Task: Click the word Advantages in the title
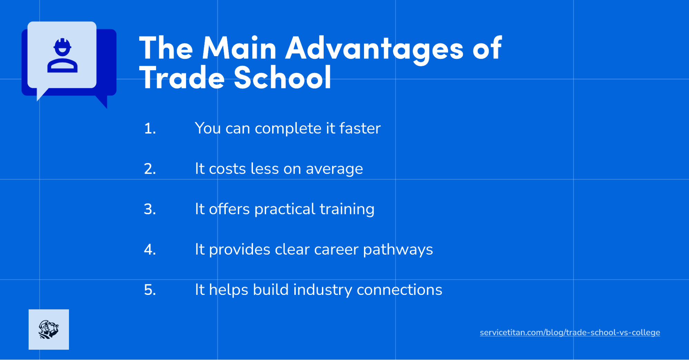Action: point(375,48)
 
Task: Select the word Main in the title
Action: point(239,48)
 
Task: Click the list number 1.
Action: point(150,128)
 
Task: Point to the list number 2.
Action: point(150,169)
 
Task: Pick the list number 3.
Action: point(150,209)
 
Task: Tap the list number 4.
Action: point(150,249)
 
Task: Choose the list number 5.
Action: point(150,290)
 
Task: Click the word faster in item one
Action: point(360,128)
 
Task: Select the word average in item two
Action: point(334,169)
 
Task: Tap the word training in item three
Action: point(347,209)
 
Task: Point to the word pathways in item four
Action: point(398,249)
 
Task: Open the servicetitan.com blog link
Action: point(570,332)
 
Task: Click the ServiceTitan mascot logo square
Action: point(49,329)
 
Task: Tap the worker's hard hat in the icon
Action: point(62,44)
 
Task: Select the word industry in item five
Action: point(323,290)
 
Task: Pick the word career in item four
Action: point(336,249)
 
